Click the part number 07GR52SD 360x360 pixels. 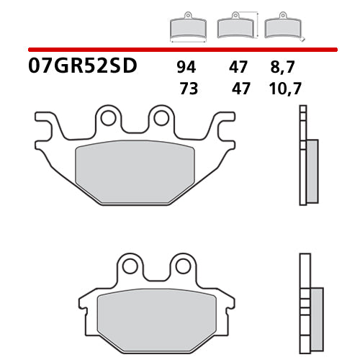point(84,68)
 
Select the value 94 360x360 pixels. point(185,68)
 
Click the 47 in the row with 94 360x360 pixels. point(238,68)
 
